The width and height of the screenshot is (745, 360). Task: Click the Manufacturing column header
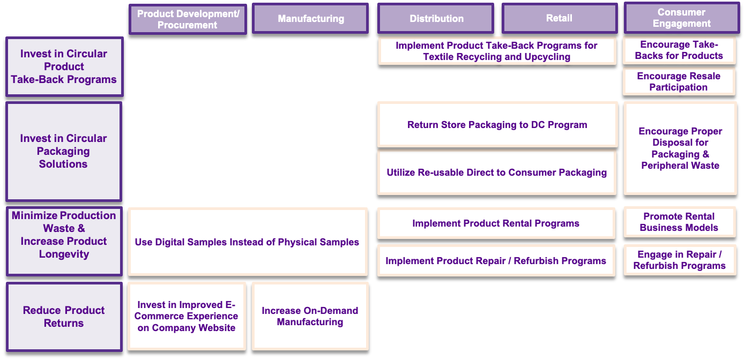coord(310,19)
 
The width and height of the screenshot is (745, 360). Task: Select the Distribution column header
coord(436,19)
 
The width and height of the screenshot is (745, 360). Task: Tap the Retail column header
coord(559,18)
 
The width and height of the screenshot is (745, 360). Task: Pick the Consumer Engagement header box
coord(681,18)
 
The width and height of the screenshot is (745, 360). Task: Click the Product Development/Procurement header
coord(188,19)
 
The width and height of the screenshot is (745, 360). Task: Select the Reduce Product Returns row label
coord(64,317)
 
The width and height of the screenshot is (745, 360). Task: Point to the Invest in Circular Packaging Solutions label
coord(64,151)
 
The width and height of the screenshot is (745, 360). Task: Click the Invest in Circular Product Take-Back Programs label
coord(64,66)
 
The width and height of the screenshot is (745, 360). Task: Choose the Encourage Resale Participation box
coord(679,81)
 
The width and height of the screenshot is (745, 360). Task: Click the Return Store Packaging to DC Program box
coord(497,125)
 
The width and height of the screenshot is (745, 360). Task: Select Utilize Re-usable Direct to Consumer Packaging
coord(497,172)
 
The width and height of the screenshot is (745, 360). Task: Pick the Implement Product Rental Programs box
coord(496,223)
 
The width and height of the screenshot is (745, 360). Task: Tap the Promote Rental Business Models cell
coord(679,222)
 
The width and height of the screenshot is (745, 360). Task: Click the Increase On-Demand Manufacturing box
coord(310,316)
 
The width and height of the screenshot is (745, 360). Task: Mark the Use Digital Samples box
coord(247,242)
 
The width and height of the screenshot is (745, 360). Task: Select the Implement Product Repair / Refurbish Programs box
coord(496,261)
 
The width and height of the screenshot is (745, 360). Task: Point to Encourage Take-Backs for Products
coord(679,50)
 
